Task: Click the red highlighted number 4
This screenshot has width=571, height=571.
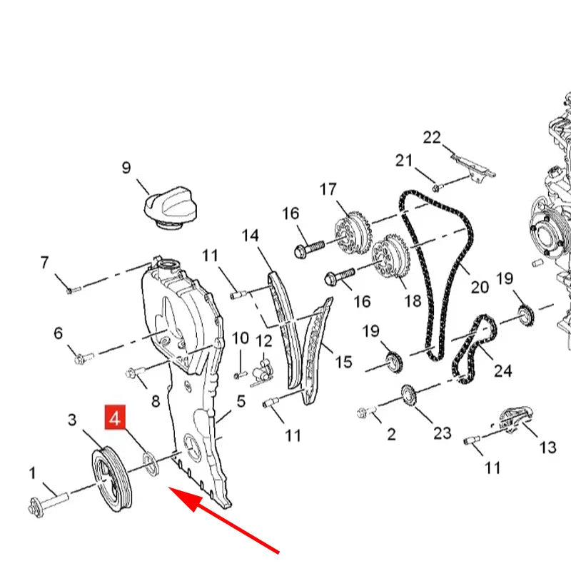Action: pyautogui.click(x=115, y=417)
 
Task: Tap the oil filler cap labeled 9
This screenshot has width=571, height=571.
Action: pyautogui.click(x=171, y=208)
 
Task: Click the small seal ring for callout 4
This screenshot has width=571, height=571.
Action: pyautogui.click(x=151, y=463)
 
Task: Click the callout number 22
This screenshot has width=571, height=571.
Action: pyautogui.click(x=432, y=137)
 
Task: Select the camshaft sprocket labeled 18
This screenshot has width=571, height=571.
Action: pyautogui.click(x=390, y=257)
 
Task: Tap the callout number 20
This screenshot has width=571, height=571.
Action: pyautogui.click(x=480, y=288)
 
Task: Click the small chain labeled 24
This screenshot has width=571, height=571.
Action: pyautogui.click(x=473, y=349)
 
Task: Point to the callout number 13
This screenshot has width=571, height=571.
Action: pyautogui.click(x=547, y=448)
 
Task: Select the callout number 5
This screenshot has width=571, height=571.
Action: pyautogui.click(x=241, y=401)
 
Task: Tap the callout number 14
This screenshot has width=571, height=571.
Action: pyautogui.click(x=251, y=236)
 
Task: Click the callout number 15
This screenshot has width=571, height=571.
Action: pyautogui.click(x=343, y=362)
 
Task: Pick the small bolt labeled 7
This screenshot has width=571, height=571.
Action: pyautogui.click(x=74, y=290)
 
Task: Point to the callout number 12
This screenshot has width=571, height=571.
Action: pyautogui.click(x=264, y=341)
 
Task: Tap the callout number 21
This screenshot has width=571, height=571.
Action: pyautogui.click(x=404, y=161)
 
